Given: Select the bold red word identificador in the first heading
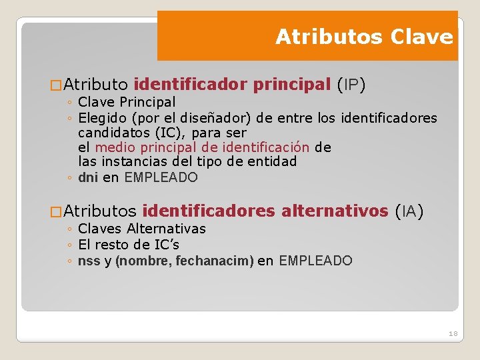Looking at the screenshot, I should (190, 85).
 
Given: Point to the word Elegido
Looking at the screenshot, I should (101, 119).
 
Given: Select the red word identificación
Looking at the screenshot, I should (266, 147).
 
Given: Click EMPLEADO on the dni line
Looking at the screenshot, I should (161, 177).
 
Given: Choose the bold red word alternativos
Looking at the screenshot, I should (335, 211).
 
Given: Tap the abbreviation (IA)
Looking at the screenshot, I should (409, 211).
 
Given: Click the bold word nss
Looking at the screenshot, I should (89, 261).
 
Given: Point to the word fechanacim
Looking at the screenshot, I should (215, 261).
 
